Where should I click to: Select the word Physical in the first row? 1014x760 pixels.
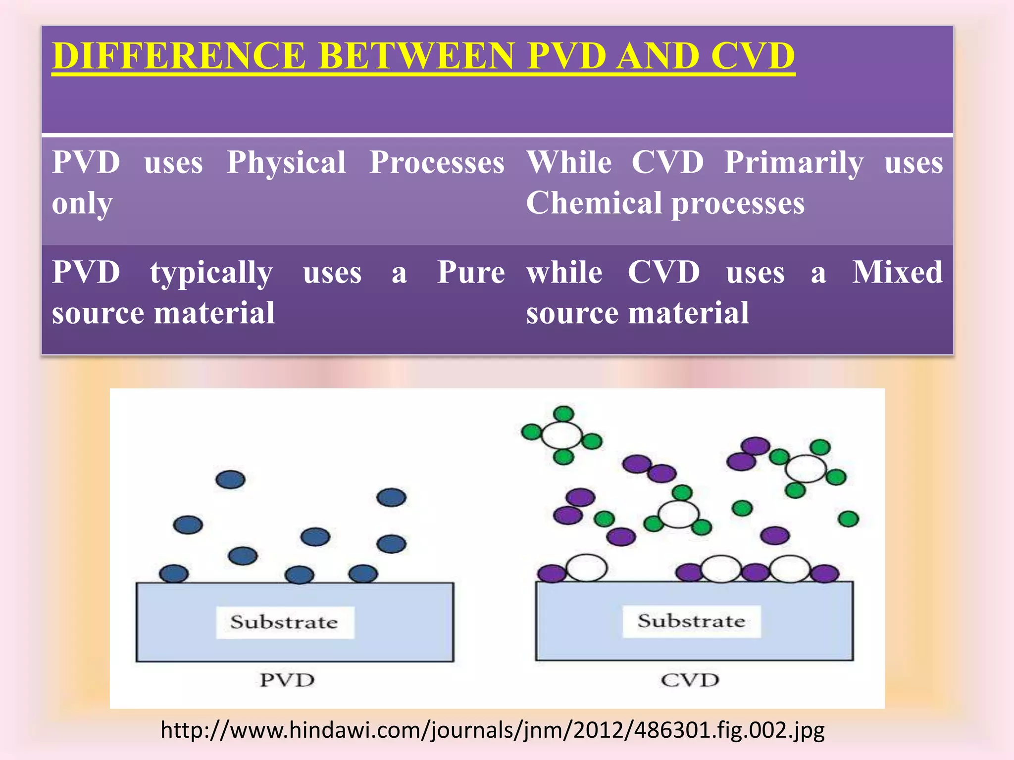pos(286,162)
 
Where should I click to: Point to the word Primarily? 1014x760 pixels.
pos(794,162)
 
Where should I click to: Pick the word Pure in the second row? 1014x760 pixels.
pos(471,272)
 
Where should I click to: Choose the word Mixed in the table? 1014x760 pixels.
pos(897,272)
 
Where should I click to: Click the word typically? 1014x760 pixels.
pos(211,273)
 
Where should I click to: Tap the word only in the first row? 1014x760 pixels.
pos(82,204)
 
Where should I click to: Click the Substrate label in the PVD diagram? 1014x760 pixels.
pos(284,622)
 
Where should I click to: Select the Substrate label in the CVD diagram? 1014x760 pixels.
pos(691,621)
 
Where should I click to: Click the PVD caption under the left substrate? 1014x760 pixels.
pos(287,680)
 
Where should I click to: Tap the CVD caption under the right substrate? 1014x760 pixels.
pos(690,680)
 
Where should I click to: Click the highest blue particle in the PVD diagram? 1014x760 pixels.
pos(231,479)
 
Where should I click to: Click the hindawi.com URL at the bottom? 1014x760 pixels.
pos(493,730)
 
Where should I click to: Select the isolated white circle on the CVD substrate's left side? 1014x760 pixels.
pos(587,568)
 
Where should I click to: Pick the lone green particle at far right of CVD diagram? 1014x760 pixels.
pos(848,519)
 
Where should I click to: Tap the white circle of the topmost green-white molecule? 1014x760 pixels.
pos(561,435)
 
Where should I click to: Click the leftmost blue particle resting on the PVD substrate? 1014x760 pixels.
pos(174,574)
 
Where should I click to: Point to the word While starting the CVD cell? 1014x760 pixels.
pos(569,162)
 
